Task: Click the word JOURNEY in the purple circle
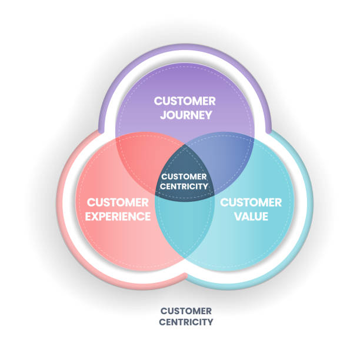(x=185, y=115)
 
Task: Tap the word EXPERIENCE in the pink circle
(x=118, y=216)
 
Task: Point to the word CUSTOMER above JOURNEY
(x=185, y=101)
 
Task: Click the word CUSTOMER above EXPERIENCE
(x=118, y=202)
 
